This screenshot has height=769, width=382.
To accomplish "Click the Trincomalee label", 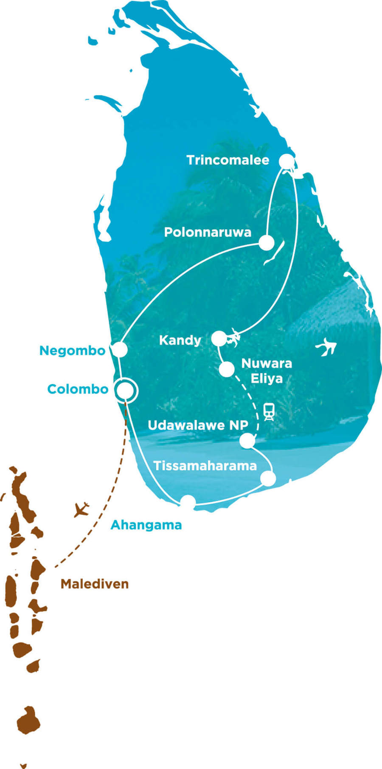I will pos(228,160).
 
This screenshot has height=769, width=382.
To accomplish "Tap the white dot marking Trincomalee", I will pos(287,161).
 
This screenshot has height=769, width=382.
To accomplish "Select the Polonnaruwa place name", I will pos(208,232).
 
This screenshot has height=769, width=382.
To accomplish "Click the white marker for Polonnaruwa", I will pos(267,243).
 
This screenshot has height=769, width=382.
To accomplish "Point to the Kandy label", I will pos(180,340).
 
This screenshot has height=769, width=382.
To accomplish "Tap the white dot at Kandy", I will pos(219,339).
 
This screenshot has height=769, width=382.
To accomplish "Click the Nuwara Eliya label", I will pos(266,371).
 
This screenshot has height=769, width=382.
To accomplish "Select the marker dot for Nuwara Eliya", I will pos(227,369).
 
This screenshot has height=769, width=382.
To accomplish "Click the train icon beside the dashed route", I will pos(268,411).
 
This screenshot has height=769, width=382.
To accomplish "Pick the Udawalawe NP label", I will pos(198,425).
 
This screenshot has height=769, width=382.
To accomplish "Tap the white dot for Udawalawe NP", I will pos(247,441).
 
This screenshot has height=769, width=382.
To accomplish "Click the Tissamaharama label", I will pos(205,466).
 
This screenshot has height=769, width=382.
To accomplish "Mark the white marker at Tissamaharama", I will pos(268,478).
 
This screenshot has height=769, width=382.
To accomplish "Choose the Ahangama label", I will pos(146,525).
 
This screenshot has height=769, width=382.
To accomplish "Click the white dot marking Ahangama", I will pos(188,502).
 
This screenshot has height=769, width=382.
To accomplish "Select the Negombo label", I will pos(72,351).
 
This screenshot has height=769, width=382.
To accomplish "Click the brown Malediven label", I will pos(94,584).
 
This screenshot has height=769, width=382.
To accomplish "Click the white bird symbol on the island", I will pos(326,347).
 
